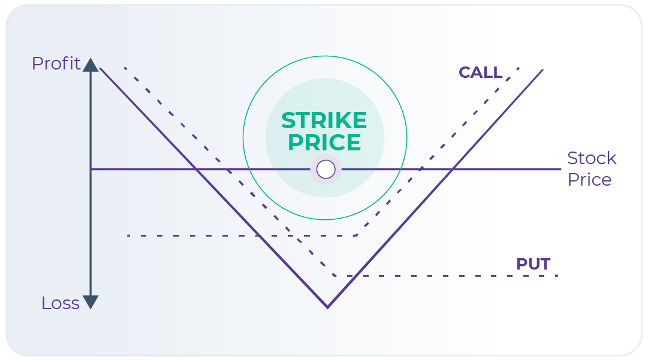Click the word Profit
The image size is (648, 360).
tap(56, 63)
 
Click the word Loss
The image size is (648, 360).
tap(60, 303)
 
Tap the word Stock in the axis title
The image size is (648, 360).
tap(592, 158)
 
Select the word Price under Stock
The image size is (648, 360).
tap(589, 180)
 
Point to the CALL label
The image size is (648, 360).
tap(480, 72)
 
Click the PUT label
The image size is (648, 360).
tap(533, 264)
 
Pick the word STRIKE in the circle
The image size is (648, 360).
tap(324, 121)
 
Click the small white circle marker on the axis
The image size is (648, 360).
tap(325, 170)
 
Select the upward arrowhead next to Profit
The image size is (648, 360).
tap(91, 64)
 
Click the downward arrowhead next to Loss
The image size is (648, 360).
tap(91, 302)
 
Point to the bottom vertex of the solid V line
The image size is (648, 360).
tap(327, 307)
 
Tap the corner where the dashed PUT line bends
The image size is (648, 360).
tap(335, 276)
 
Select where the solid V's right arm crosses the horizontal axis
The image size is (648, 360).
tap(453, 170)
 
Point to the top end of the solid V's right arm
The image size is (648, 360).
tap(542, 70)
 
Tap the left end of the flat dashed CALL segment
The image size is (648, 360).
tap(128, 235)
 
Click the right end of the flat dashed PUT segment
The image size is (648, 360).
tap(557, 276)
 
